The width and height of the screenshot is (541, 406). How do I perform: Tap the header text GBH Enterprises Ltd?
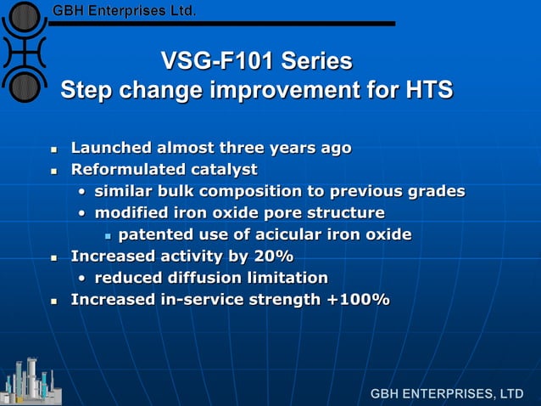point(125,11)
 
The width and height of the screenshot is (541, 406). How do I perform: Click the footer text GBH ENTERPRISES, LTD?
point(446,394)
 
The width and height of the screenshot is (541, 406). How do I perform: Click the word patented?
point(152,234)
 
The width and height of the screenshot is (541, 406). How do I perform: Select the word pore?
point(283,212)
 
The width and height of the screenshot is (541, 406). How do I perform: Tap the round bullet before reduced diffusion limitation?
point(81,279)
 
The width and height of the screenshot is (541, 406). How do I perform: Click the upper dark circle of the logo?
point(26,15)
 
